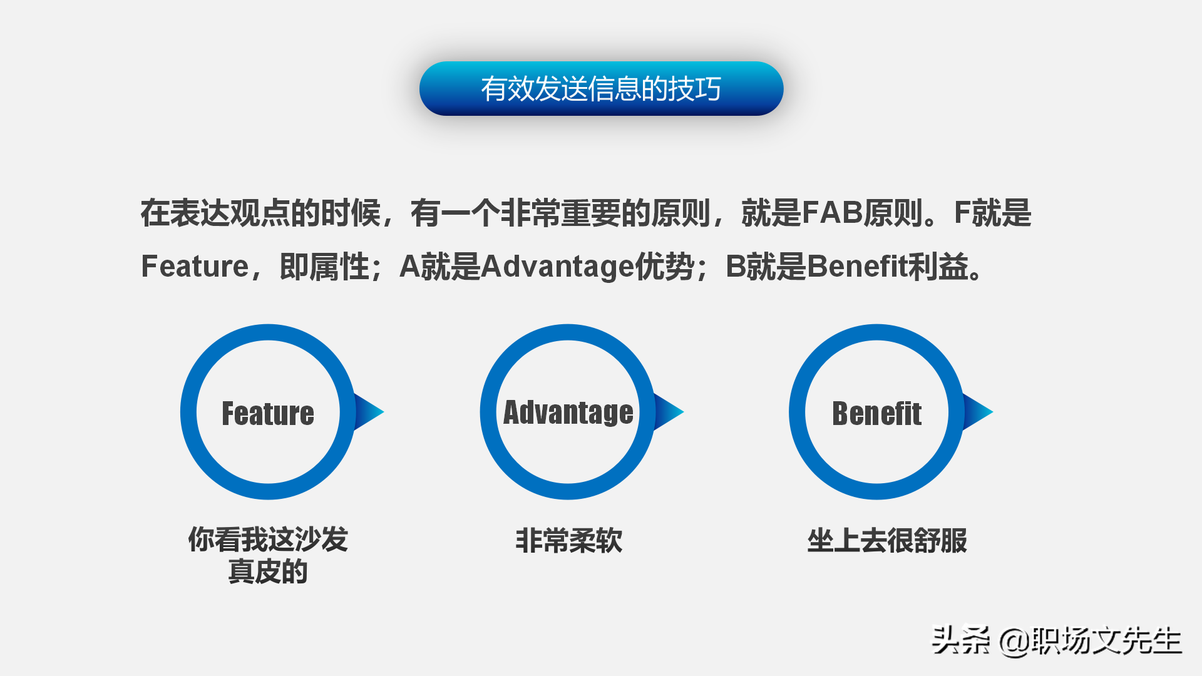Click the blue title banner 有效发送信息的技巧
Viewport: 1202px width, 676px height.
pos(601,88)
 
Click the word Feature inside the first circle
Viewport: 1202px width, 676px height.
pos(268,413)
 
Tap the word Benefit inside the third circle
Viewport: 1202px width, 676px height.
pos(876,413)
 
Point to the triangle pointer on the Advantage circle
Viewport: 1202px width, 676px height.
pos(668,412)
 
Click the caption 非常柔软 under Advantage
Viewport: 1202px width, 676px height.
pos(568,540)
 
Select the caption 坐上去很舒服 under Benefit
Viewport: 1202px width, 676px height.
pos(886,540)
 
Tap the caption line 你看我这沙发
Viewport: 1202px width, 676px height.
pos(268,539)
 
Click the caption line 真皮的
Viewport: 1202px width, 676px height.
pos(268,571)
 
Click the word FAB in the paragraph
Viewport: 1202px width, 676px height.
pos(833,213)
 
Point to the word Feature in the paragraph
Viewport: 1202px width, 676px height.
pos(195,267)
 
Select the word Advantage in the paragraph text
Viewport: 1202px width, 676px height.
pos(557,267)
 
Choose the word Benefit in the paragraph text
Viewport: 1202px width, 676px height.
pos(857,267)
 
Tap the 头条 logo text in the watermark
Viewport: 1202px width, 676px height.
pos(960,640)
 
